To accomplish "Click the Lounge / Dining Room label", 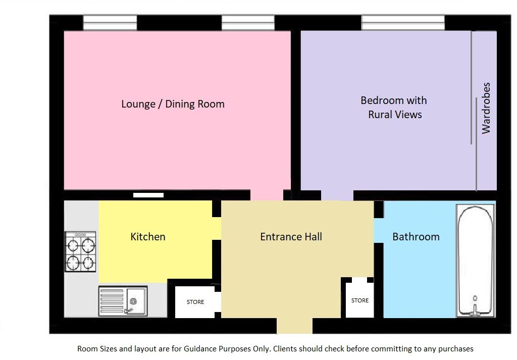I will (173, 104).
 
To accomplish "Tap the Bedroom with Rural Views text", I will (394, 108).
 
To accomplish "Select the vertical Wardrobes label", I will (486, 108).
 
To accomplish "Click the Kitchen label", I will (147, 237).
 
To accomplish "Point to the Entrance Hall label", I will (291, 237).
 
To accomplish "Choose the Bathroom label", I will (416, 237).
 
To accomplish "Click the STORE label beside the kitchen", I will (195, 302).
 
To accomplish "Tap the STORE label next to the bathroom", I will (359, 300).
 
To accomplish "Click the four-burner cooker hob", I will (81, 251).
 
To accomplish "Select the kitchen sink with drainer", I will (123, 301).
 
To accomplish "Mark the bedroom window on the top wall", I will (403, 23).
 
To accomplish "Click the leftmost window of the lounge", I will (110, 23).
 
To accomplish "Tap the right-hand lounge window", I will (248, 23).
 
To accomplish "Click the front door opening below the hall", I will (294, 326).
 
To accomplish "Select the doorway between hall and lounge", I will (267, 195).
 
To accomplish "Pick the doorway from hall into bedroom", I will (337, 195).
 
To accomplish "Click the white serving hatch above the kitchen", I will (148, 195).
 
